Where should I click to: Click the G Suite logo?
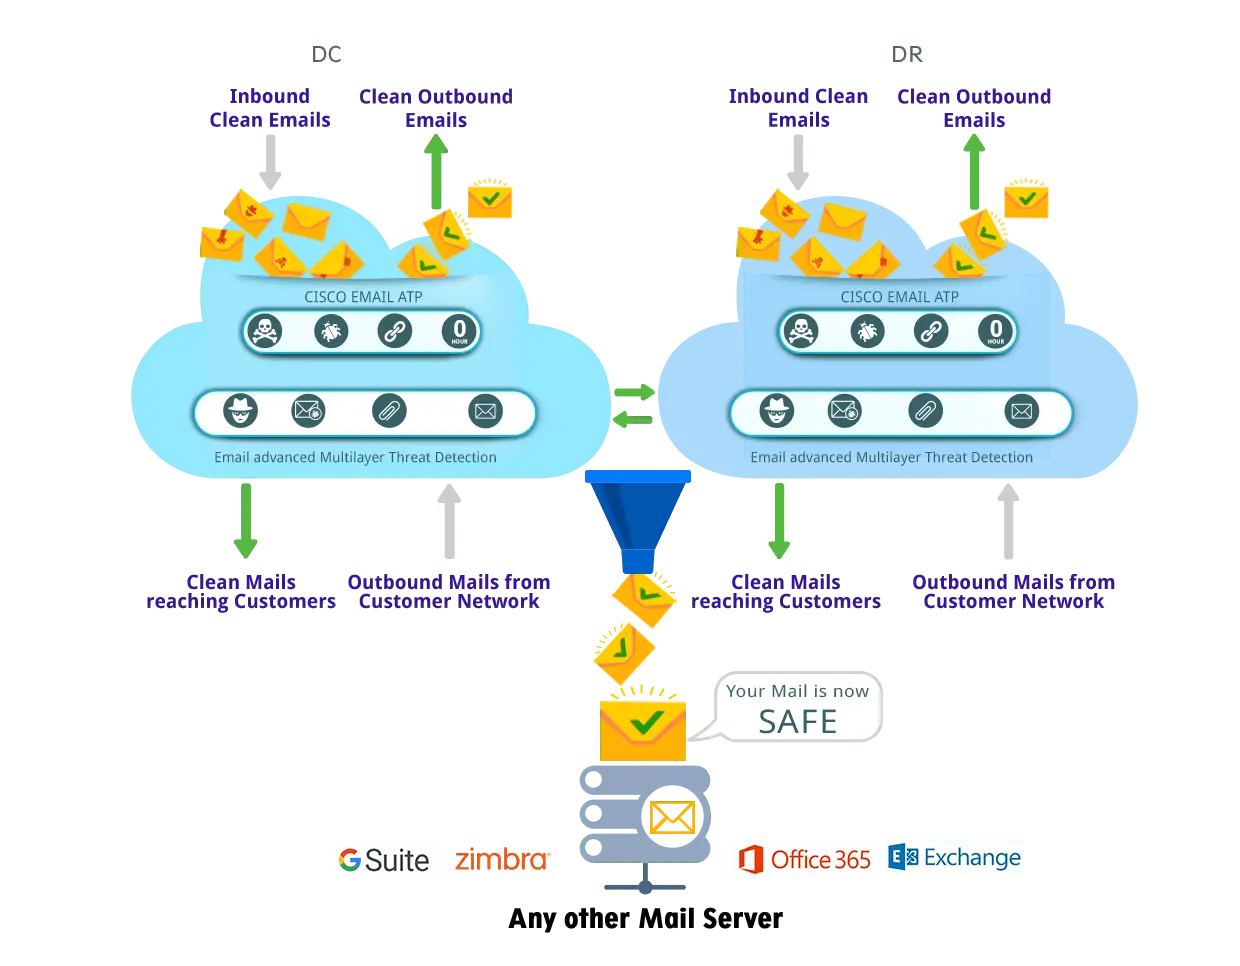coord(384,860)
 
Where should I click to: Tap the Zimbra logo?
coord(502,859)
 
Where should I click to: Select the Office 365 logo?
coord(804,858)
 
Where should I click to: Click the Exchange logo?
coord(956,858)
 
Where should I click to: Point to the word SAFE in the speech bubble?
coord(797,721)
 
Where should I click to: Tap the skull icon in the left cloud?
coord(265,330)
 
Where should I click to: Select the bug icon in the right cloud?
coord(867,330)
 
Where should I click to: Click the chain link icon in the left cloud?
coord(395,330)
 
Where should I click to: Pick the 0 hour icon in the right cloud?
coord(995,330)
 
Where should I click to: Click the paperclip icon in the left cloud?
coord(389,411)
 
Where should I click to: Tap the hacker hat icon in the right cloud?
coord(777,411)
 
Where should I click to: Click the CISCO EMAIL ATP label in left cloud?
coord(363,297)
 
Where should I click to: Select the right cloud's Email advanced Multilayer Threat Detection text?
coord(891,457)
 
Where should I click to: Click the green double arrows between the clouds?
coord(633,405)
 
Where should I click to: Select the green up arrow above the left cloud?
coord(435,170)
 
